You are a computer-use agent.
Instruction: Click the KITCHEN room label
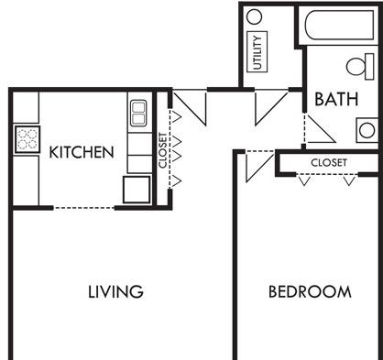pyautogui.click(x=82, y=152)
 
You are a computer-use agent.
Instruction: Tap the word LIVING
pyautogui.click(x=115, y=291)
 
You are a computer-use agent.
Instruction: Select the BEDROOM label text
pyautogui.click(x=310, y=291)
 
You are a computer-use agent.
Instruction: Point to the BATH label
pyautogui.click(x=336, y=99)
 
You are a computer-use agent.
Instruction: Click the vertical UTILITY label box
pyautogui.click(x=257, y=51)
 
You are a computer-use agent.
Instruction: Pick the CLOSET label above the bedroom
pyautogui.click(x=329, y=162)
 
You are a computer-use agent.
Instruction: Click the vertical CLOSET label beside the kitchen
pyautogui.click(x=163, y=150)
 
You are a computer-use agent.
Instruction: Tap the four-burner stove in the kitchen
pyautogui.click(x=27, y=139)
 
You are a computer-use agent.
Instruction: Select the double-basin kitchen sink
pyautogui.click(x=138, y=113)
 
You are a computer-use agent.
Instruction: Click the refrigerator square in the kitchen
pyautogui.click(x=137, y=190)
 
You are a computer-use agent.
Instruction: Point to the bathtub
pyautogui.click(x=339, y=26)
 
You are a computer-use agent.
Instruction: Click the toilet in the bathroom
pyautogui.click(x=360, y=67)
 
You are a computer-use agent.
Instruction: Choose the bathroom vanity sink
pyautogui.click(x=367, y=130)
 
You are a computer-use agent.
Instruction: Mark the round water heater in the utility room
pyautogui.click(x=254, y=16)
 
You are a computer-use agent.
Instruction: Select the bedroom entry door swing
pyautogui.click(x=259, y=166)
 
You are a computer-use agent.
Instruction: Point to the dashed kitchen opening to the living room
pyautogui.click(x=84, y=208)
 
